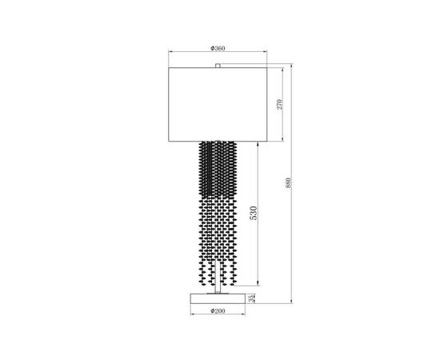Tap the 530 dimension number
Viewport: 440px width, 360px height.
(x=254, y=214)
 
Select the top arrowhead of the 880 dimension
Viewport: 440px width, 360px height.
(x=294, y=66)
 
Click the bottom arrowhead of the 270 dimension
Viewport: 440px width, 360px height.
(x=284, y=142)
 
